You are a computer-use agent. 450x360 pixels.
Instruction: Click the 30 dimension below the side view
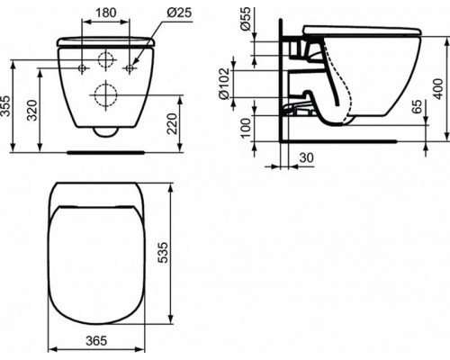306,157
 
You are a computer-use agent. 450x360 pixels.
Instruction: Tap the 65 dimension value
418,106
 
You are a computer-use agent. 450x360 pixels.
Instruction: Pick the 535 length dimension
184,254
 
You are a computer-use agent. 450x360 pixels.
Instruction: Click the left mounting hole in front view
82,68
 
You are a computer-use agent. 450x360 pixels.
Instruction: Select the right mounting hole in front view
130,68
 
